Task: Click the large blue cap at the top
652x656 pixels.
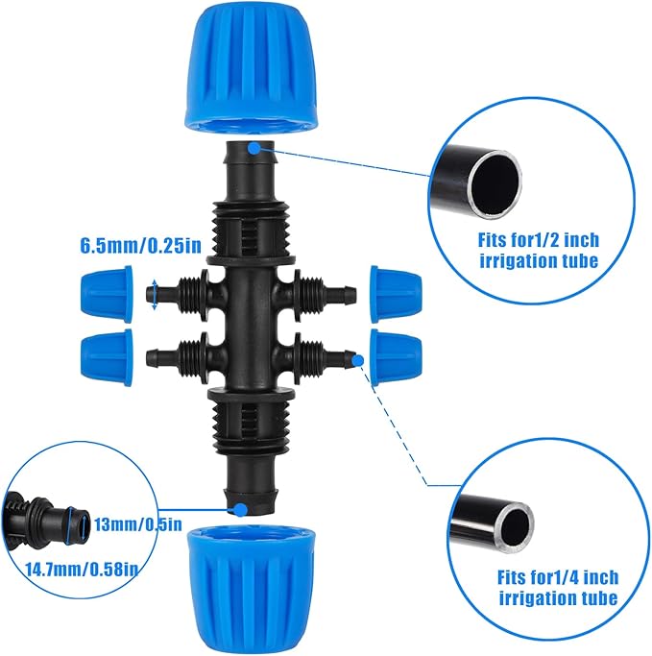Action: coord(253,67)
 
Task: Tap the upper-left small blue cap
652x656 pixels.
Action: coord(109,292)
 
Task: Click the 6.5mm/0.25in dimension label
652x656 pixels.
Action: coord(140,245)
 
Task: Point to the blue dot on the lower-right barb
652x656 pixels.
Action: coord(356,360)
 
